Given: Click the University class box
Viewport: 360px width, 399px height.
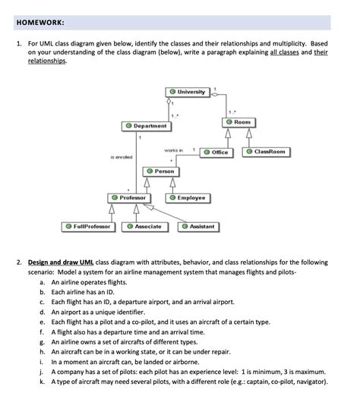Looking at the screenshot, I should point(188,92).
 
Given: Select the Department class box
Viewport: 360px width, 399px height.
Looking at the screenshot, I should point(146,125).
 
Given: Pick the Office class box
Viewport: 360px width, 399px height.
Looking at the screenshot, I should point(216,152).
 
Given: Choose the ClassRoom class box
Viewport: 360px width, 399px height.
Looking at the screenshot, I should point(266,152).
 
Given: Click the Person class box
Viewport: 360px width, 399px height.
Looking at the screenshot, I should point(160,171).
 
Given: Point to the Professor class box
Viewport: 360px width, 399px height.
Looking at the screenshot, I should point(128,197).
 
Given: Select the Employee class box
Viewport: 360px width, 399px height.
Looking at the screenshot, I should point(188,197).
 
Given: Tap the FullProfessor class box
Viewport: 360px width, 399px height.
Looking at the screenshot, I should point(88,226).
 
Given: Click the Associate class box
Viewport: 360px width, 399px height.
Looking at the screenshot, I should point(144,226).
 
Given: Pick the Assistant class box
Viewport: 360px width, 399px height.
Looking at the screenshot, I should point(198,226).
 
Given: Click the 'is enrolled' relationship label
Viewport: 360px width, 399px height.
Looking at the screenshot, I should point(122,157).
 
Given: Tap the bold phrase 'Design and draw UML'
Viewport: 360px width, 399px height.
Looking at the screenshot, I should point(60,262).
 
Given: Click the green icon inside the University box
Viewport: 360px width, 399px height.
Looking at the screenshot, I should point(172,92).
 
